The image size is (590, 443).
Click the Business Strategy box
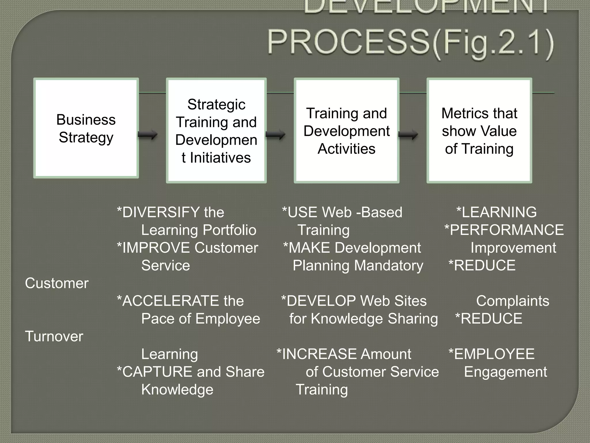pyautogui.click(x=86, y=128)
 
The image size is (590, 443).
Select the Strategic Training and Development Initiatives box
pyautogui.click(x=216, y=130)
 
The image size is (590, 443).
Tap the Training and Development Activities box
pyautogui.click(x=346, y=130)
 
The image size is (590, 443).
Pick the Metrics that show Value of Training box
pyautogui.click(x=479, y=130)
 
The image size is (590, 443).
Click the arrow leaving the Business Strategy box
pyautogui.click(x=148, y=134)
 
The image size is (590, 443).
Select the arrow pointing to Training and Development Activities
pyautogui.click(x=275, y=134)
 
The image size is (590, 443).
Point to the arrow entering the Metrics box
pyautogui.click(x=408, y=134)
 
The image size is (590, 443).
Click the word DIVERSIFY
pyautogui.click(x=161, y=212)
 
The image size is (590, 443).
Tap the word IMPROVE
pyautogui.click(x=156, y=248)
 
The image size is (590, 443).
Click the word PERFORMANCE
pyautogui.click(x=506, y=230)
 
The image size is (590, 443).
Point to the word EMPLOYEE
pyautogui.click(x=494, y=354)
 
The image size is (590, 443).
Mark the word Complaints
pyautogui.click(x=513, y=301)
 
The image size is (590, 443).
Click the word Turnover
pyautogui.click(x=54, y=336)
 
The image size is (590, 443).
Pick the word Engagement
pyautogui.click(x=505, y=372)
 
